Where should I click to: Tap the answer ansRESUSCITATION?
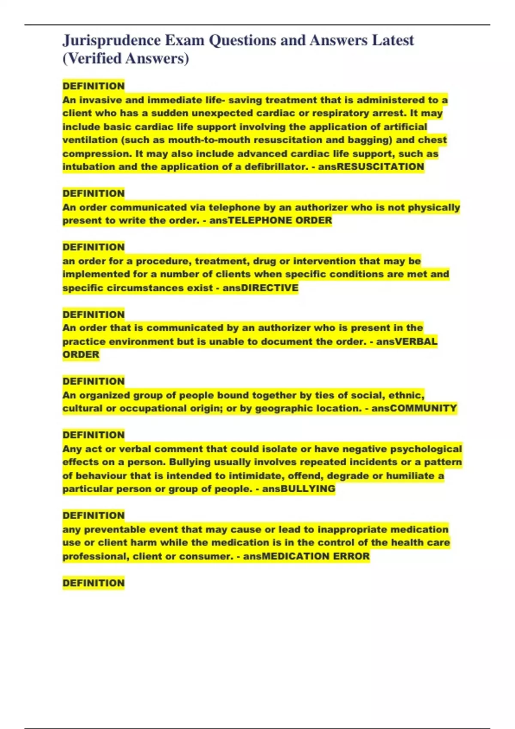point(371,167)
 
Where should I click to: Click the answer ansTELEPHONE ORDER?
point(270,220)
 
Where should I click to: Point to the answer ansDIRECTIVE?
point(260,288)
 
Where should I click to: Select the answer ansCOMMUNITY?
point(414,408)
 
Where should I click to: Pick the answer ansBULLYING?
point(299,489)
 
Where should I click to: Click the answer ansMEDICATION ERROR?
point(306,556)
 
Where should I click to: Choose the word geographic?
point(284,408)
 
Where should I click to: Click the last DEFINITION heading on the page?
point(94,583)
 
